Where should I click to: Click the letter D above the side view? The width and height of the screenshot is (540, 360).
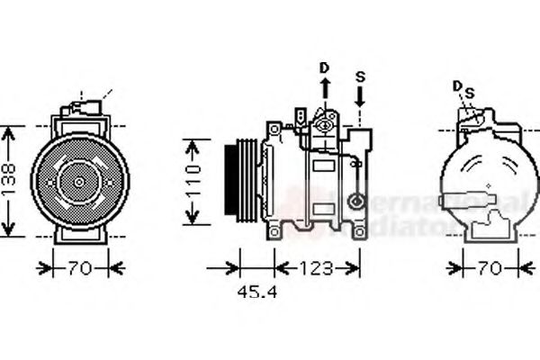coord(325,67)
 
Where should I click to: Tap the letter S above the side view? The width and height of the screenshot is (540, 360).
coord(360,76)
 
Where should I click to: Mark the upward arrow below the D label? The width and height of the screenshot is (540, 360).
coord(325,90)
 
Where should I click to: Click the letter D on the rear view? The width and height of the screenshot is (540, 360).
coord(458,85)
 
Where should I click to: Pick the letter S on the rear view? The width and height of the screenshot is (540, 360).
coord(469,91)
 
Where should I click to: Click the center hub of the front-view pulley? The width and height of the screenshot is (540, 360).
coord(79,181)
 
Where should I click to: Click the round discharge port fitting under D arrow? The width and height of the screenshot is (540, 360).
coord(325,125)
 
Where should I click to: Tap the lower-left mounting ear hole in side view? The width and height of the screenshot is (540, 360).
coord(271,231)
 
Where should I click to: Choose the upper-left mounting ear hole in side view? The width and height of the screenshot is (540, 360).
coord(271,130)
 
